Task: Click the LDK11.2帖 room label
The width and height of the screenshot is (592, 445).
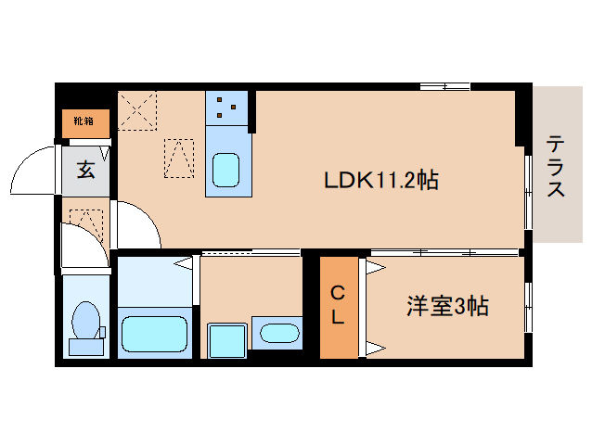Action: (380, 180)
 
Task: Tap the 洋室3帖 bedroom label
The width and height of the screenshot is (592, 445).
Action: (448, 305)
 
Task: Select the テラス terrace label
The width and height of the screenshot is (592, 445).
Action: (556, 167)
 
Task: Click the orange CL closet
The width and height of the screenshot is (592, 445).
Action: (339, 306)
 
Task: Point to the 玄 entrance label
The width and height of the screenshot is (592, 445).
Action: (85, 170)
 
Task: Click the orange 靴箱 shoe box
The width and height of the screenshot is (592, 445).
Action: (85, 121)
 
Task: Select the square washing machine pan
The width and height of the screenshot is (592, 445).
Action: (227, 339)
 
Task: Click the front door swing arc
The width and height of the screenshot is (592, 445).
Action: (37, 172)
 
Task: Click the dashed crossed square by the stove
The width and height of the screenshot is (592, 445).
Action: (138, 112)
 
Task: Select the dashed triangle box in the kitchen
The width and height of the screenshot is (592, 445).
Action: (179, 158)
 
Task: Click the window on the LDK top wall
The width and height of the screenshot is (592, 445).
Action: (444, 87)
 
